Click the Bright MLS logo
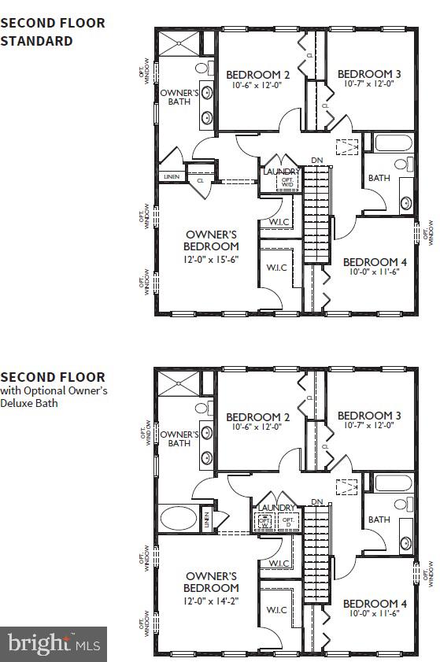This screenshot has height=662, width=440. [54, 644]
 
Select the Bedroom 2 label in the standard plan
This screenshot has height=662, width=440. [258, 75]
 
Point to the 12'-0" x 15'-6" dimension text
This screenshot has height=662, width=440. [212, 258]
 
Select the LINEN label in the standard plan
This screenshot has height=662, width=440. [172, 177]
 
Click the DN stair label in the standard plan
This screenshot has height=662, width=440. [316, 161]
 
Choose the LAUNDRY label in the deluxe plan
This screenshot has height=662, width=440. [275, 509]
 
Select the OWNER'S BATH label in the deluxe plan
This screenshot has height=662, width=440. [179, 438]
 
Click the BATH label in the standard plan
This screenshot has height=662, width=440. [379, 178]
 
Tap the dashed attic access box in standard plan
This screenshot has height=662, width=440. [347, 146]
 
